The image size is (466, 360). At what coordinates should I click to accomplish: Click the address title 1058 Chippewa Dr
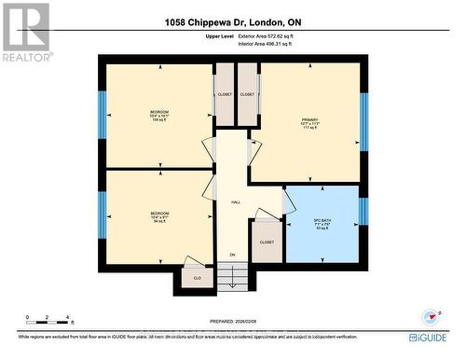tap(233, 21)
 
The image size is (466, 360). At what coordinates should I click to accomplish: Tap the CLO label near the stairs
tap(197, 278)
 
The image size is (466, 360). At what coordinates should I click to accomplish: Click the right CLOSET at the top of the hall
tap(247, 94)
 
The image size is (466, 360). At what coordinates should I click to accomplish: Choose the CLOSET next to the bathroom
tap(267, 242)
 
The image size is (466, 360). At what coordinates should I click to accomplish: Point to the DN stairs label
tap(233, 254)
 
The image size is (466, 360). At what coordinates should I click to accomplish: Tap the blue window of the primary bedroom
tap(364, 121)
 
